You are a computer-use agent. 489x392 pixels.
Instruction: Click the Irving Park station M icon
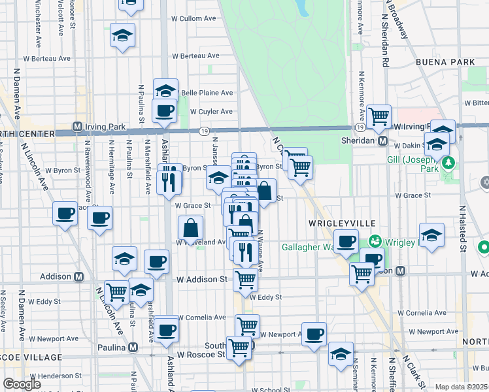click(77, 126)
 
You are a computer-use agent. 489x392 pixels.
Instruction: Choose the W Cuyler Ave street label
click(211, 111)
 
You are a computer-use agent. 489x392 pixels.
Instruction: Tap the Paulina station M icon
click(133, 347)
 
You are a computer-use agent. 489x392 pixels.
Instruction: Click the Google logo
click(22, 384)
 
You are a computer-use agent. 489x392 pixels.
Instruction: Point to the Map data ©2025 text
click(462, 387)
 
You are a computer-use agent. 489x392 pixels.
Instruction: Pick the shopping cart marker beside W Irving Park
click(379, 116)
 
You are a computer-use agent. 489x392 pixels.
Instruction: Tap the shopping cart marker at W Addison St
click(246, 280)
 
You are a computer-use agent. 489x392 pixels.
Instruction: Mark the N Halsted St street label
click(462, 229)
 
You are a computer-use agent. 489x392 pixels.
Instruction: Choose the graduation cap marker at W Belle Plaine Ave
click(165, 90)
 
